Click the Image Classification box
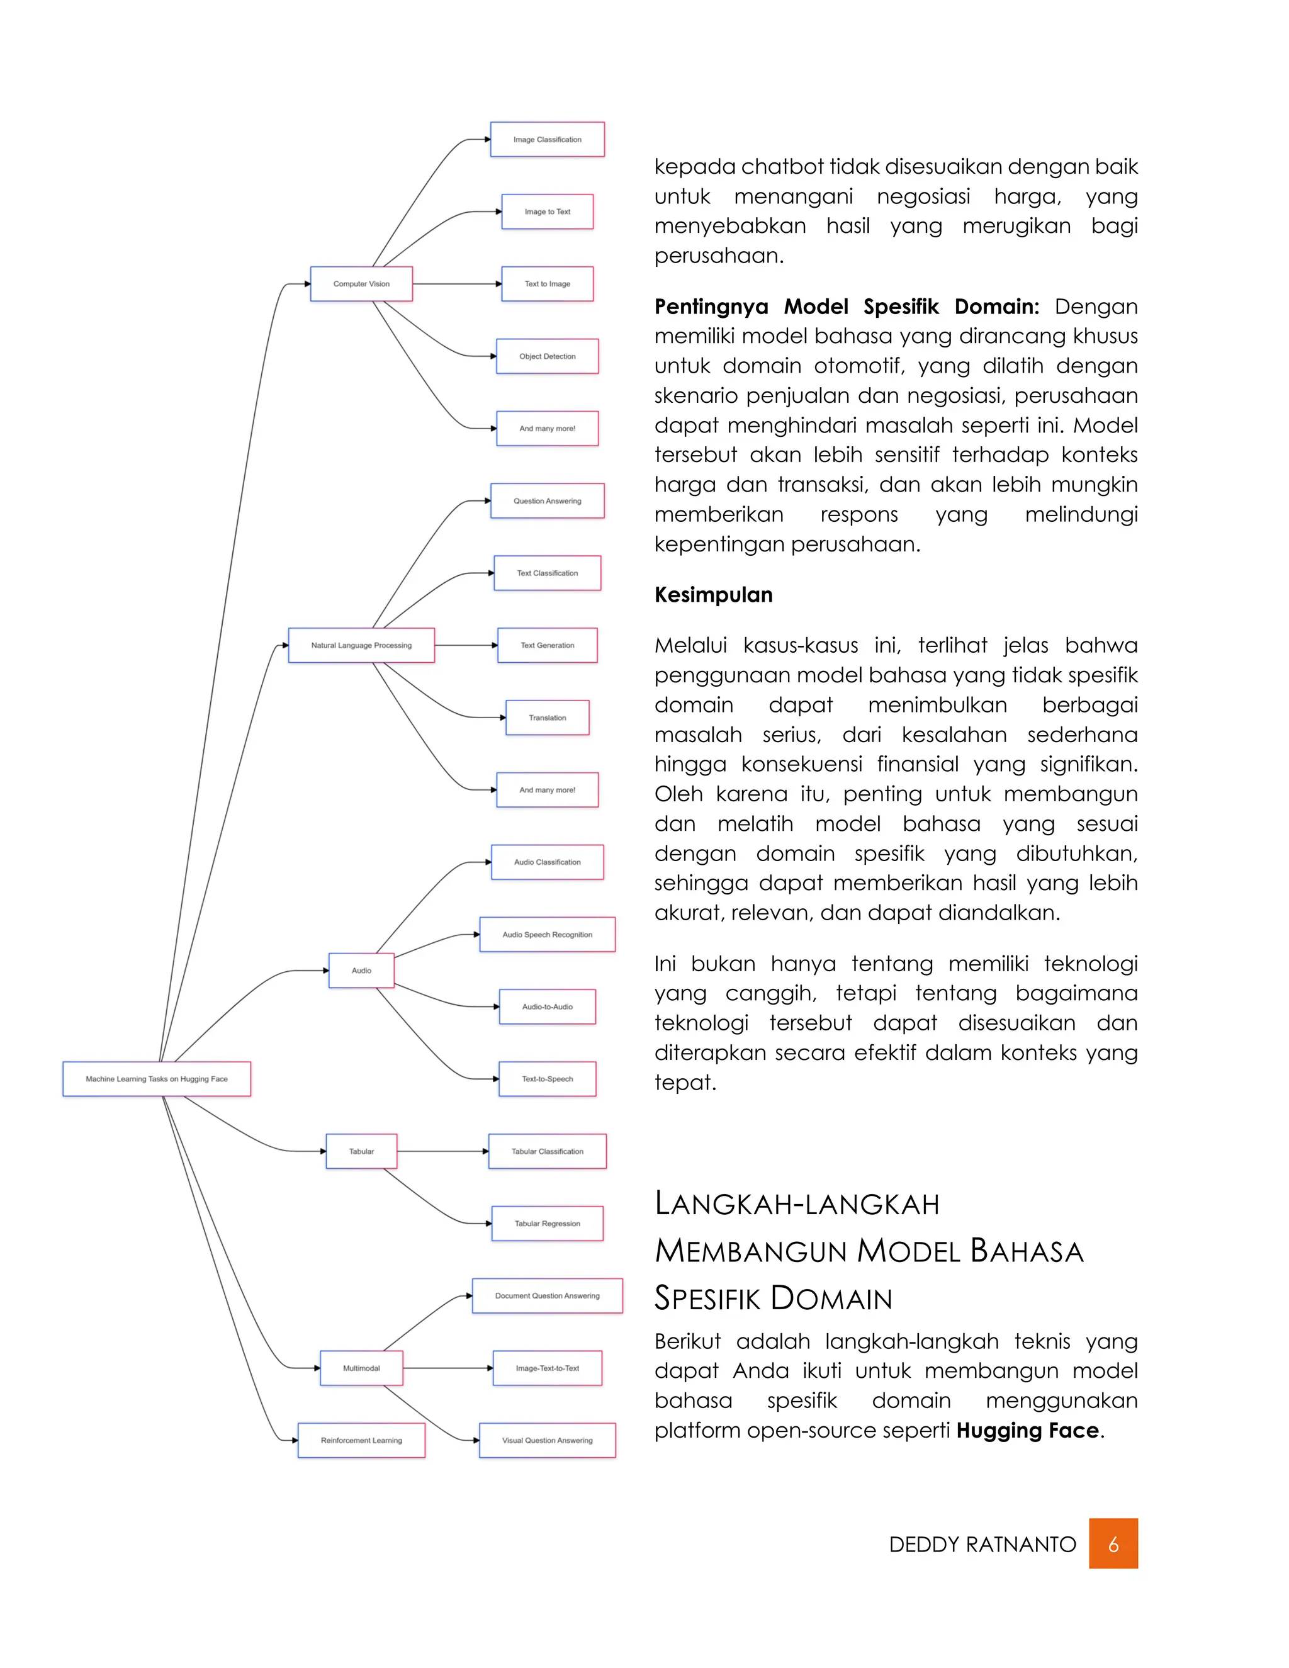(x=547, y=140)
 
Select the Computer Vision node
(x=361, y=284)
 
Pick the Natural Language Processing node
(x=361, y=645)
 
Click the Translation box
(x=547, y=718)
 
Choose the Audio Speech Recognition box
(x=547, y=935)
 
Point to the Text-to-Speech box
(x=547, y=1079)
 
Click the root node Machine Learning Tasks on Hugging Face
(x=157, y=1079)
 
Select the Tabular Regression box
(x=547, y=1224)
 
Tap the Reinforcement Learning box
(x=361, y=1440)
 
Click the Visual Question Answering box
(x=547, y=1440)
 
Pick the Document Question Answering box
(x=547, y=1296)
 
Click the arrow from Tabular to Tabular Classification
(x=443, y=1152)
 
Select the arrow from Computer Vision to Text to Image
(x=457, y=284)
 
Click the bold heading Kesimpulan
(x=713, y=595)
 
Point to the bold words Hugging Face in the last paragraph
(x=1027, y=1431)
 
